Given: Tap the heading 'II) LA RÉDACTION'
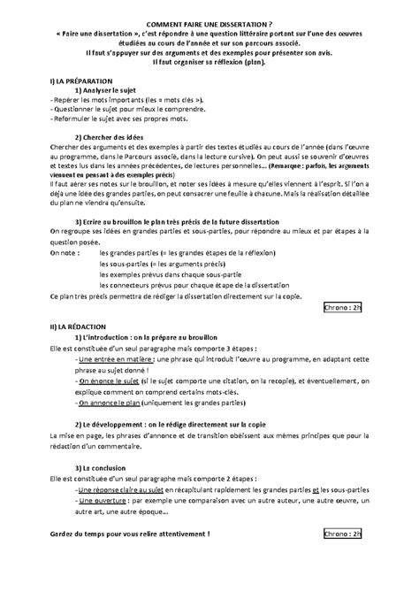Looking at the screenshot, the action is click(x=72, y=327).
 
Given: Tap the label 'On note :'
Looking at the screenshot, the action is click(x=65, y=253).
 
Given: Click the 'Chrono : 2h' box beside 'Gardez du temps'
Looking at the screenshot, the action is click(x=343, y=535).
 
